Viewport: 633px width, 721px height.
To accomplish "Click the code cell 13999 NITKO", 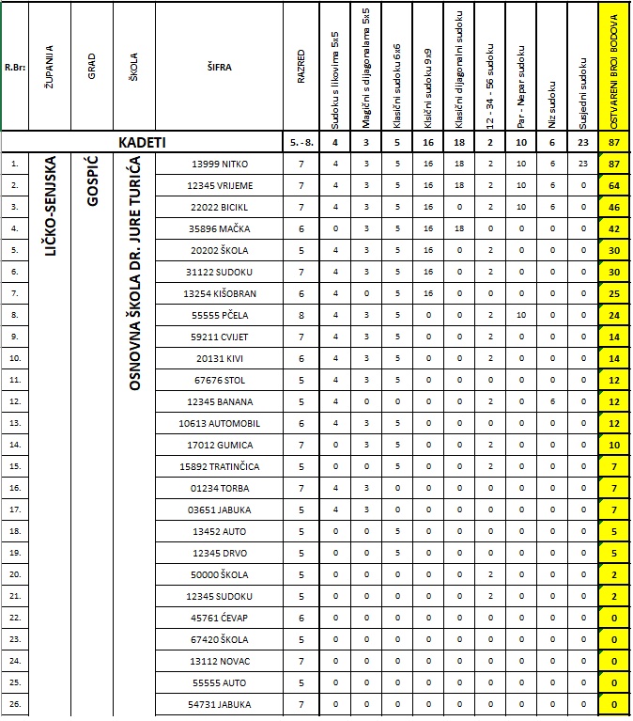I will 221,164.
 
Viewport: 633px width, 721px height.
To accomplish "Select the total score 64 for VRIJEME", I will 615,185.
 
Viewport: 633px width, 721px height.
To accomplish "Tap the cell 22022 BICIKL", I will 221,207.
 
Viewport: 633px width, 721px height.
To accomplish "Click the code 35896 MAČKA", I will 221,228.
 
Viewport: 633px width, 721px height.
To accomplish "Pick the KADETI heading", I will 142,142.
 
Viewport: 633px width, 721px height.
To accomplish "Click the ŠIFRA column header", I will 221,67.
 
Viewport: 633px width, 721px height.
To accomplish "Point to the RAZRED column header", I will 301,67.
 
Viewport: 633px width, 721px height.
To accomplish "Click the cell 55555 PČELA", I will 221,315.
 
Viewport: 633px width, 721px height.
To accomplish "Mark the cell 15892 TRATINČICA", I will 221,466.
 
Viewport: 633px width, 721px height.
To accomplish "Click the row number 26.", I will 14,704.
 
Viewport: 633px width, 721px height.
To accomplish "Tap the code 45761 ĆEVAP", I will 221,618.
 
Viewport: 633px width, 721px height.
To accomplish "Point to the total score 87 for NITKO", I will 615,164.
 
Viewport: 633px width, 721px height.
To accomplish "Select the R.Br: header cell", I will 14,67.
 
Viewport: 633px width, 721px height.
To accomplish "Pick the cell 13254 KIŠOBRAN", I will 221,293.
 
